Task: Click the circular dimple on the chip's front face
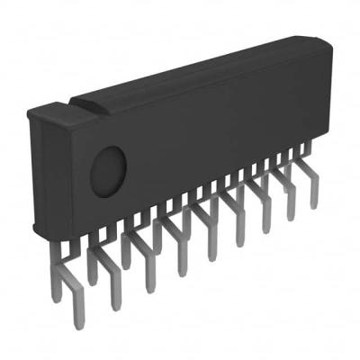109,165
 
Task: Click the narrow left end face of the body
34,171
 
